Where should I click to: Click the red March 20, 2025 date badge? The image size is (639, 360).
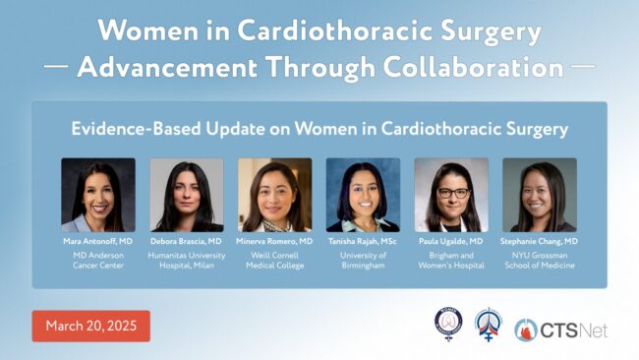(x=90, y=326)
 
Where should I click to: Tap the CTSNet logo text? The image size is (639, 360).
(x=574, y=330)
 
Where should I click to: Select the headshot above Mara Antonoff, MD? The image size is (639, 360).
(x=98, y=195)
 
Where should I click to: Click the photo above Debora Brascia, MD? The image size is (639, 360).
(x=187, y=195)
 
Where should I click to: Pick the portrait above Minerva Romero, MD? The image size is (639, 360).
(x=274, y=195)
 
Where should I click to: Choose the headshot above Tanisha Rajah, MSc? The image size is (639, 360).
(x=363, y=195)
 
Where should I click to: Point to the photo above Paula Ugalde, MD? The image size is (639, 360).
(x=451, y=195)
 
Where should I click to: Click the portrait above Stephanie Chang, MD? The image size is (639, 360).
(x=540, y=195)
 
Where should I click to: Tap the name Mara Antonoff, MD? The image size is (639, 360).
(x=97, y=241)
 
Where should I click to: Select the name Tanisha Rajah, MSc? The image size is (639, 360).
(x=363, y=241)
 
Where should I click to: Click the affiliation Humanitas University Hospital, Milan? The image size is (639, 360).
(x=187, y=260)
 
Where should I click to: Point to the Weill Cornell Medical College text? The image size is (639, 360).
(x=274, y=260)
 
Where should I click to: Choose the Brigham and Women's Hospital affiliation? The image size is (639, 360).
(x=451, y=260)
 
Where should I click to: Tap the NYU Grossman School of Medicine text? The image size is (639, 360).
(x=540, y=260)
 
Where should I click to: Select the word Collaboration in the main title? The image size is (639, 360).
(x=474, y=67)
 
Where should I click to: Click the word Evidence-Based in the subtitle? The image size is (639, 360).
(x=136, y=129)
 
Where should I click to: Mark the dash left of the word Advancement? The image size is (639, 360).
(x=56, y=66)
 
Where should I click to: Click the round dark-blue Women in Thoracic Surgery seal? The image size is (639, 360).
(x=448, y=323)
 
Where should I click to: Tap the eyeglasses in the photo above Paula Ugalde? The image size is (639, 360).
(x=453, y=193)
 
